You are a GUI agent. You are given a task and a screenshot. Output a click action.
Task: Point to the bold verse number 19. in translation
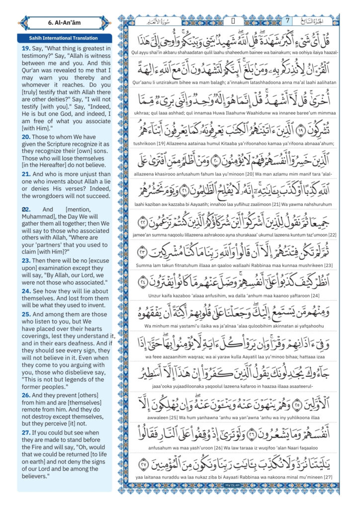[x=26, y=49]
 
